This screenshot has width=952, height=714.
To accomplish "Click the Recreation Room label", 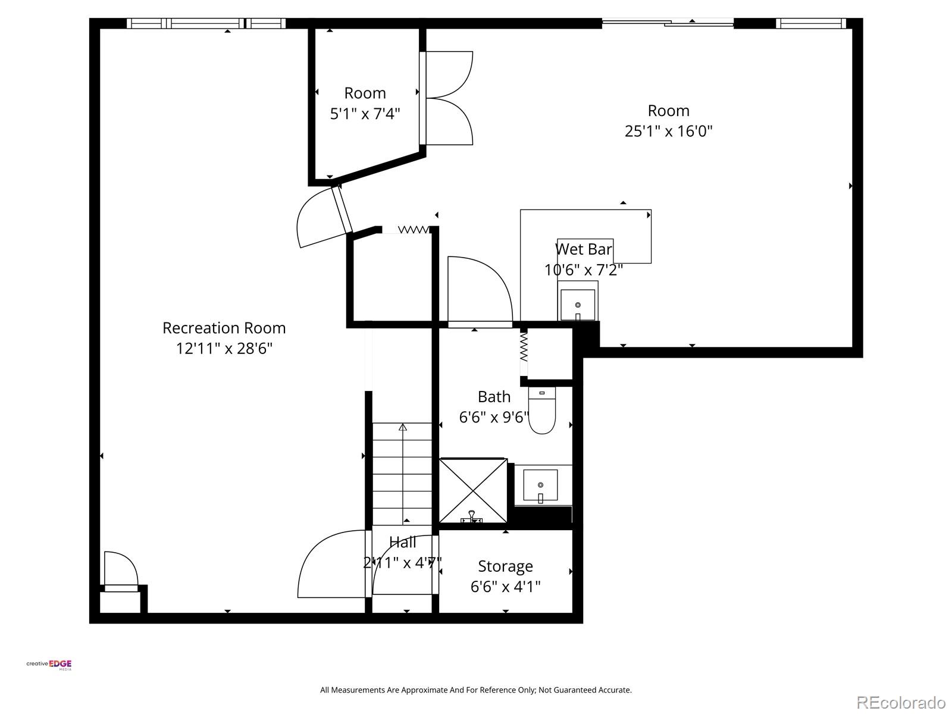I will pyautogui.click(x=224, y=328).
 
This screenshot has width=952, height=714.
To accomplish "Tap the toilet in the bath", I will pyautogui.click(x=541, y=412).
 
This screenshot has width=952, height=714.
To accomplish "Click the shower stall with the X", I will pyautogui.click(x=473, y=490).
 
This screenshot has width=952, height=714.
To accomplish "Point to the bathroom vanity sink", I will pyautogui.click(x=540, y=486).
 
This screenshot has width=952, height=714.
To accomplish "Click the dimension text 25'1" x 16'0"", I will pyautogui.click(x=668, y=131).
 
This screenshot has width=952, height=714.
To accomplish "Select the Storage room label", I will pyautogui.click(x=505, y=566).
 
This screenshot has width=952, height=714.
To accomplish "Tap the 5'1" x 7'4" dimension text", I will pyautogui.click(x=365, y=113).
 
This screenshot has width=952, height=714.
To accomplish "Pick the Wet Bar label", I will pyautogui.click(x=583, y=249).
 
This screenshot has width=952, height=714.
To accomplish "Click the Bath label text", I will pyautogui.click(x=494, y=397).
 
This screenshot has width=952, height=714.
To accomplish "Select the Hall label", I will pyautogui.click(x=403, y=542).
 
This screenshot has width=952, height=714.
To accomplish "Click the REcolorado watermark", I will pyautogui.click(x=901, y=702).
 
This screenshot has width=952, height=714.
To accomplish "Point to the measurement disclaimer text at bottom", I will pyautogui.click(x=476, y=690).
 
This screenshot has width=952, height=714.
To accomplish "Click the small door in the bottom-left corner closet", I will pyautogui.click(x=121, y=571).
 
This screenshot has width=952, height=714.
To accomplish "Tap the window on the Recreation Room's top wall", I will pyautogui.click(x=206, y=23).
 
